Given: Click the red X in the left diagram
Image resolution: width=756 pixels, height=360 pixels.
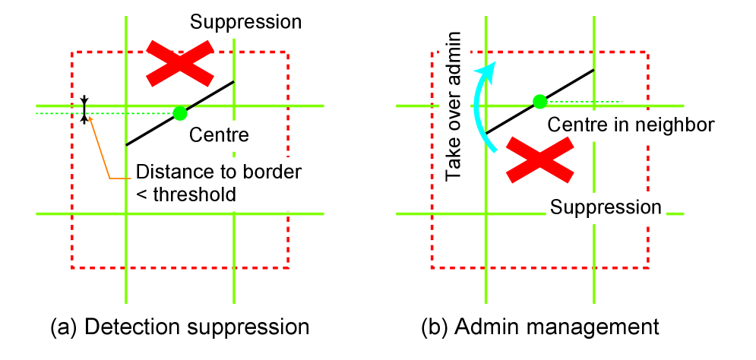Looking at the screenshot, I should click(x=179, y=62).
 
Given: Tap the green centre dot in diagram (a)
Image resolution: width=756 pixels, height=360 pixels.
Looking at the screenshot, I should click(x=179, y=113).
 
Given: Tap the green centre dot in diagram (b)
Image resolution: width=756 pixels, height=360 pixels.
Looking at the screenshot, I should click(x=539, y=101).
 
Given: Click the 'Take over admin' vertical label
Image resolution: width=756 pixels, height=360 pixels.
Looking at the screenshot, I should click(x=454, y=106).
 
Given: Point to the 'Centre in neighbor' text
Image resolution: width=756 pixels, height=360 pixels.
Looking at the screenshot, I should click(x=631, y=125).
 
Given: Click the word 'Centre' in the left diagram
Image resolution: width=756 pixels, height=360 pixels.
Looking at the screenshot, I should click(x=219, y=135).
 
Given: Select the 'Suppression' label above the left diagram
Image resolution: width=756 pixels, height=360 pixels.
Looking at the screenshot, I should click(x=246, y=21).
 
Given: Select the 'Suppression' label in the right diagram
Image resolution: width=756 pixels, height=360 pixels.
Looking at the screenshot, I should click(x=606, y=207).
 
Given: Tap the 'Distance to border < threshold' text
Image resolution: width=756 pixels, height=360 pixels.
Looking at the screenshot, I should click(x=217, y=183).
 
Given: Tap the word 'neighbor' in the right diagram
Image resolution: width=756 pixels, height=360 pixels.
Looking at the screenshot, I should click(x=680, y=125).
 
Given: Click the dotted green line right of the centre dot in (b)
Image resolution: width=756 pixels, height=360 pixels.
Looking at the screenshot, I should click(x=585, y=101).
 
